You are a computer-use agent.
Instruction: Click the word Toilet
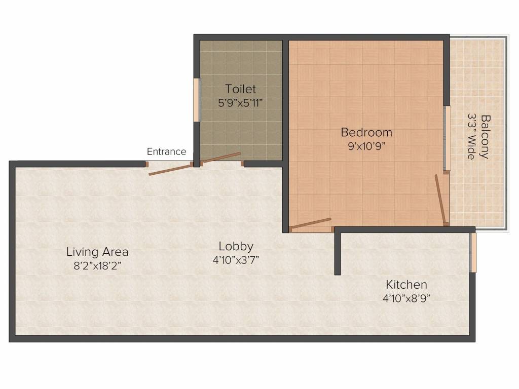[x=241, y=89]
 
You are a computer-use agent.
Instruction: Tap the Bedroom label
[x=366, y=133]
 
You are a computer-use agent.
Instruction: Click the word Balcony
[x=485, y=137]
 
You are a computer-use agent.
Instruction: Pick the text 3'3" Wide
[x=471, y=137]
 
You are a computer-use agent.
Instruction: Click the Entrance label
[x=167, y=151]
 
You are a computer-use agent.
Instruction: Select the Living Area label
[x=97, y=252]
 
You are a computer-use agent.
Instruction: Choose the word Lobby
[x=236, y=247]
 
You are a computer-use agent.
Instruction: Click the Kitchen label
[x=406, y=285]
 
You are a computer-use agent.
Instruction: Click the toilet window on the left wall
[x=197, y=100]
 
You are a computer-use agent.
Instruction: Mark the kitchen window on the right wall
[x=473, y=252]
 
